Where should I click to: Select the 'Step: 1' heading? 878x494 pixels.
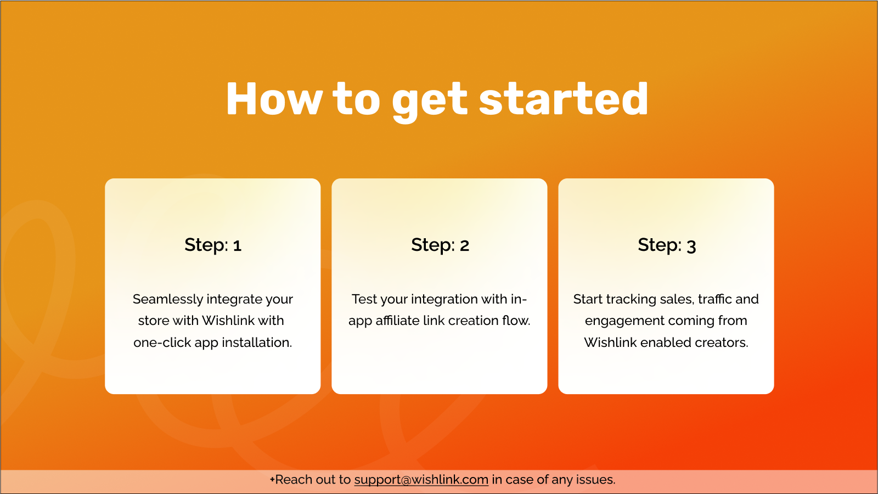tap(213, 245)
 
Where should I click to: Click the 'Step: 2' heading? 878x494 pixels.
tap(440, 245)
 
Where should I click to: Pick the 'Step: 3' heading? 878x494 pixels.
tap(667, 245)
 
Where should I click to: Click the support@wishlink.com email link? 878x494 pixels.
tap(421, 480)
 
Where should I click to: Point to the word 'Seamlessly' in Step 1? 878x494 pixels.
tap(170, 300)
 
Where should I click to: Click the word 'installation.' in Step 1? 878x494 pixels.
tap(257, 343)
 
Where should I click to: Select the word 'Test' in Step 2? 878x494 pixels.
tap(364, 299)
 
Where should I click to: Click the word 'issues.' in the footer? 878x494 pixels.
tap(594, 480)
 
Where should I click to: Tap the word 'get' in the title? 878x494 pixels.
tap(430, 102)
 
